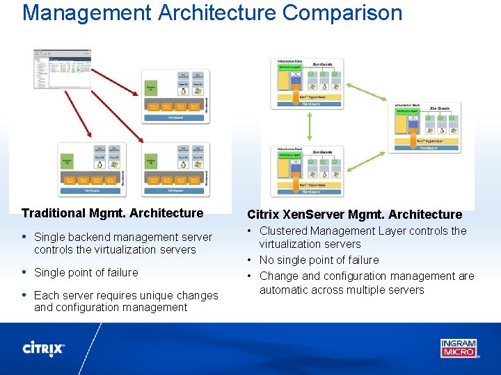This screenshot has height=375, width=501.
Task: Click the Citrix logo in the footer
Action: [44, 348]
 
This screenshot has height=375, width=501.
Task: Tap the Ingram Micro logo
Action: [459, 347]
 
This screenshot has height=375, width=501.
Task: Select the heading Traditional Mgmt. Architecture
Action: [112, 213]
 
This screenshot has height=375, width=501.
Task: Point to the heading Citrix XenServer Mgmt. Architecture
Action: [354, 215]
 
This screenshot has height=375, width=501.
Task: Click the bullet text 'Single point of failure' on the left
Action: [86, 272]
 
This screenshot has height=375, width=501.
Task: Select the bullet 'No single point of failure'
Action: [319, 260]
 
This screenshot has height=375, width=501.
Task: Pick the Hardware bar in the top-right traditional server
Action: [176, 118]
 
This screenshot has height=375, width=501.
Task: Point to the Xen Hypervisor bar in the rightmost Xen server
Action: [427, 140]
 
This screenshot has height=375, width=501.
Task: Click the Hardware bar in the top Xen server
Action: [310, 103]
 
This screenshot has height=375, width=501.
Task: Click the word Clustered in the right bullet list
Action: [284, 231]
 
